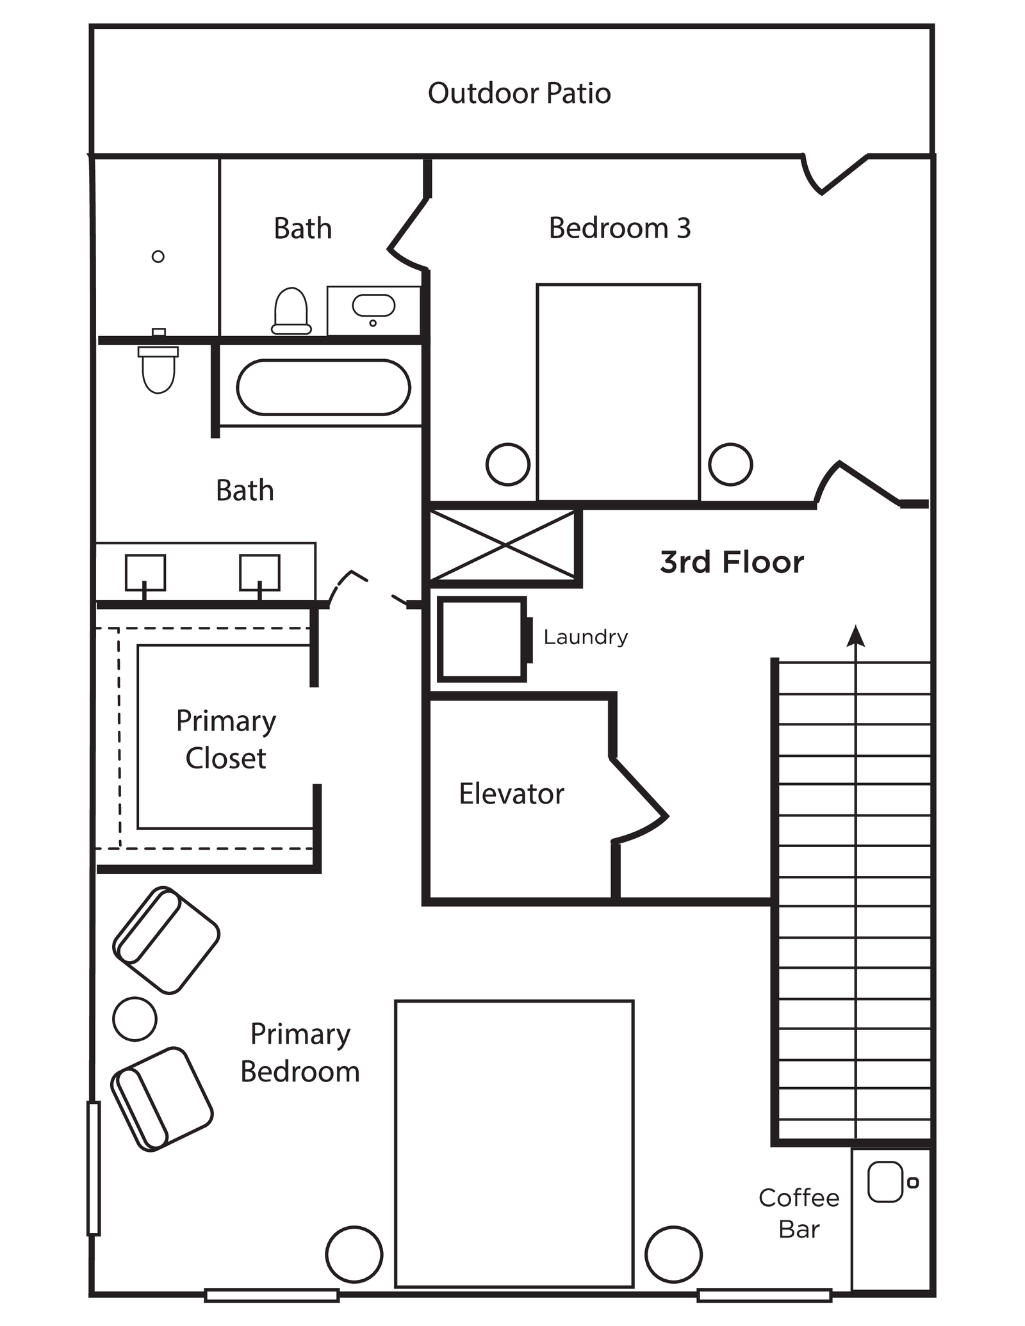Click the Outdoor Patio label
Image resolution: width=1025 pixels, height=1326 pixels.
point(519,93)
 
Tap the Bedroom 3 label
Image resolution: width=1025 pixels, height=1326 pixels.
point(619,229)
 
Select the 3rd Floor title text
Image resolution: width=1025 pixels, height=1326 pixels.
point(732,562)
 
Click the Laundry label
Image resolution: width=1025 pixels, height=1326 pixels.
point(586,637)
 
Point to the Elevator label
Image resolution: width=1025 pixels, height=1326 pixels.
point(511,794)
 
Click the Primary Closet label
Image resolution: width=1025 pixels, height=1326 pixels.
point(225,740)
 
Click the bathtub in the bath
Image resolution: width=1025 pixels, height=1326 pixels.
point(324,387)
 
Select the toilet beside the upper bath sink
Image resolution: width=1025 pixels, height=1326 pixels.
point(291,311)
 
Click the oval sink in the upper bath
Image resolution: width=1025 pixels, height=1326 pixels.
point(373,305)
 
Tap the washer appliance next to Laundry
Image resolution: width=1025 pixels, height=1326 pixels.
point(482,639)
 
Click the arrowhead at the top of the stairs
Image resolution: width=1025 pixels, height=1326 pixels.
point(856,636)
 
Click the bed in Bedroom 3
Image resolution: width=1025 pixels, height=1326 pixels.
point(618,392)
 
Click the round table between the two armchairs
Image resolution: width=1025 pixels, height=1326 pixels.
point(135,1018)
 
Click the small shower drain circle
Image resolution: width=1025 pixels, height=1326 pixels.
point(158,257)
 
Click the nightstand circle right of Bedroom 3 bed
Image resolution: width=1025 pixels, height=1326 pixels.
point(730,464)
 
